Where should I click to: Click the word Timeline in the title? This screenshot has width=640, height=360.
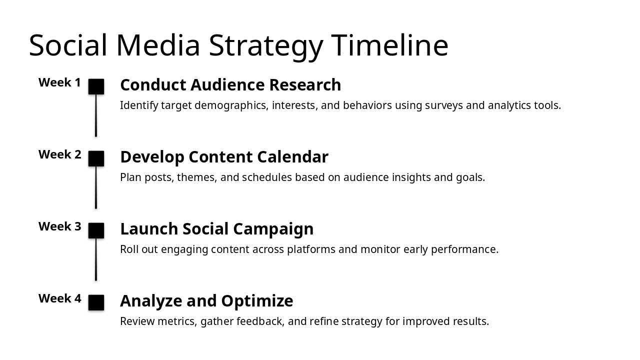(389, 45)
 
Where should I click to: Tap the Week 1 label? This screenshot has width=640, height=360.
(59, 82)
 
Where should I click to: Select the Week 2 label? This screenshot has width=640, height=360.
(60, 154)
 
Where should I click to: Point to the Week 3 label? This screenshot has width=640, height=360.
(60, 226)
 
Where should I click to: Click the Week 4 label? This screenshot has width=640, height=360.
(60, 298)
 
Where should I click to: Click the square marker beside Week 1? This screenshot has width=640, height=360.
(96, 86)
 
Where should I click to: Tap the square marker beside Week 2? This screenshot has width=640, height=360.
(96, 158)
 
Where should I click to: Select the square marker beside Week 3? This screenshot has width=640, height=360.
(96, 230)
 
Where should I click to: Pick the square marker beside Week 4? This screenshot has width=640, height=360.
(96, 302)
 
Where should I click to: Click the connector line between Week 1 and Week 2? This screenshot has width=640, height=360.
(96, 115)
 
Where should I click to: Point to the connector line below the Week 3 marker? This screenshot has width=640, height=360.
(96, 259)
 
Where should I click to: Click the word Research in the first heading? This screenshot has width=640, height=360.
(305, 85)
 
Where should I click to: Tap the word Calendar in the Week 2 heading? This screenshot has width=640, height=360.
(292, 157)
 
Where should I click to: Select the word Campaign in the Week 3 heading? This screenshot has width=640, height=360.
(273, 229)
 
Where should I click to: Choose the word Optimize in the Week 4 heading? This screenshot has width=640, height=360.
(257, 301)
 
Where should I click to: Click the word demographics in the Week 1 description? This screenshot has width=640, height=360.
(231, 105)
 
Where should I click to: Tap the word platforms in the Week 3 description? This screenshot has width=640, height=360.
(311, 249)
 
